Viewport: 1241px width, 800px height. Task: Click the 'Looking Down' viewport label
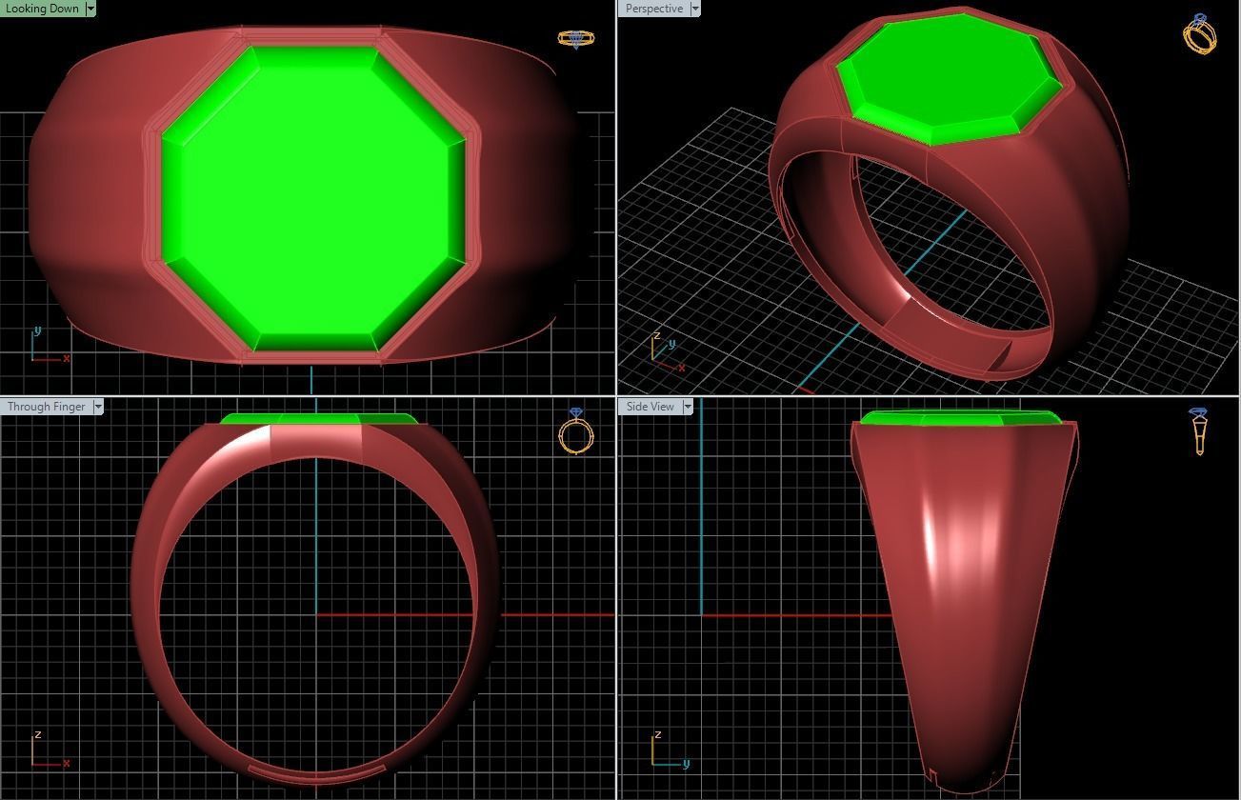coord(42,9)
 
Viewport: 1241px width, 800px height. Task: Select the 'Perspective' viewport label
coord(653,9)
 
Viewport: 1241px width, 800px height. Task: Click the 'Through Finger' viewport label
coord(46,407)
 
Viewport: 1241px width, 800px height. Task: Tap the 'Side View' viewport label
coord(650,407)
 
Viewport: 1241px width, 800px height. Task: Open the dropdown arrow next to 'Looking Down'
coord(90,9)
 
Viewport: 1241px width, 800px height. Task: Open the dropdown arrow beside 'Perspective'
coord(694,9)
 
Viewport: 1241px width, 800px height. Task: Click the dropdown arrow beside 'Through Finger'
coord(98,407)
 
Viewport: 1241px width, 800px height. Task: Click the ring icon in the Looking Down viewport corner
coord(575,39)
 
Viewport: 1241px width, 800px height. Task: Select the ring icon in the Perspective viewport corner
coord(1199,34)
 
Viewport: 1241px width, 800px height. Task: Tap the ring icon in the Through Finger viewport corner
coord(575,431)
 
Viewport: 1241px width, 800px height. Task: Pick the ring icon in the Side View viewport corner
coord(1198,430)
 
